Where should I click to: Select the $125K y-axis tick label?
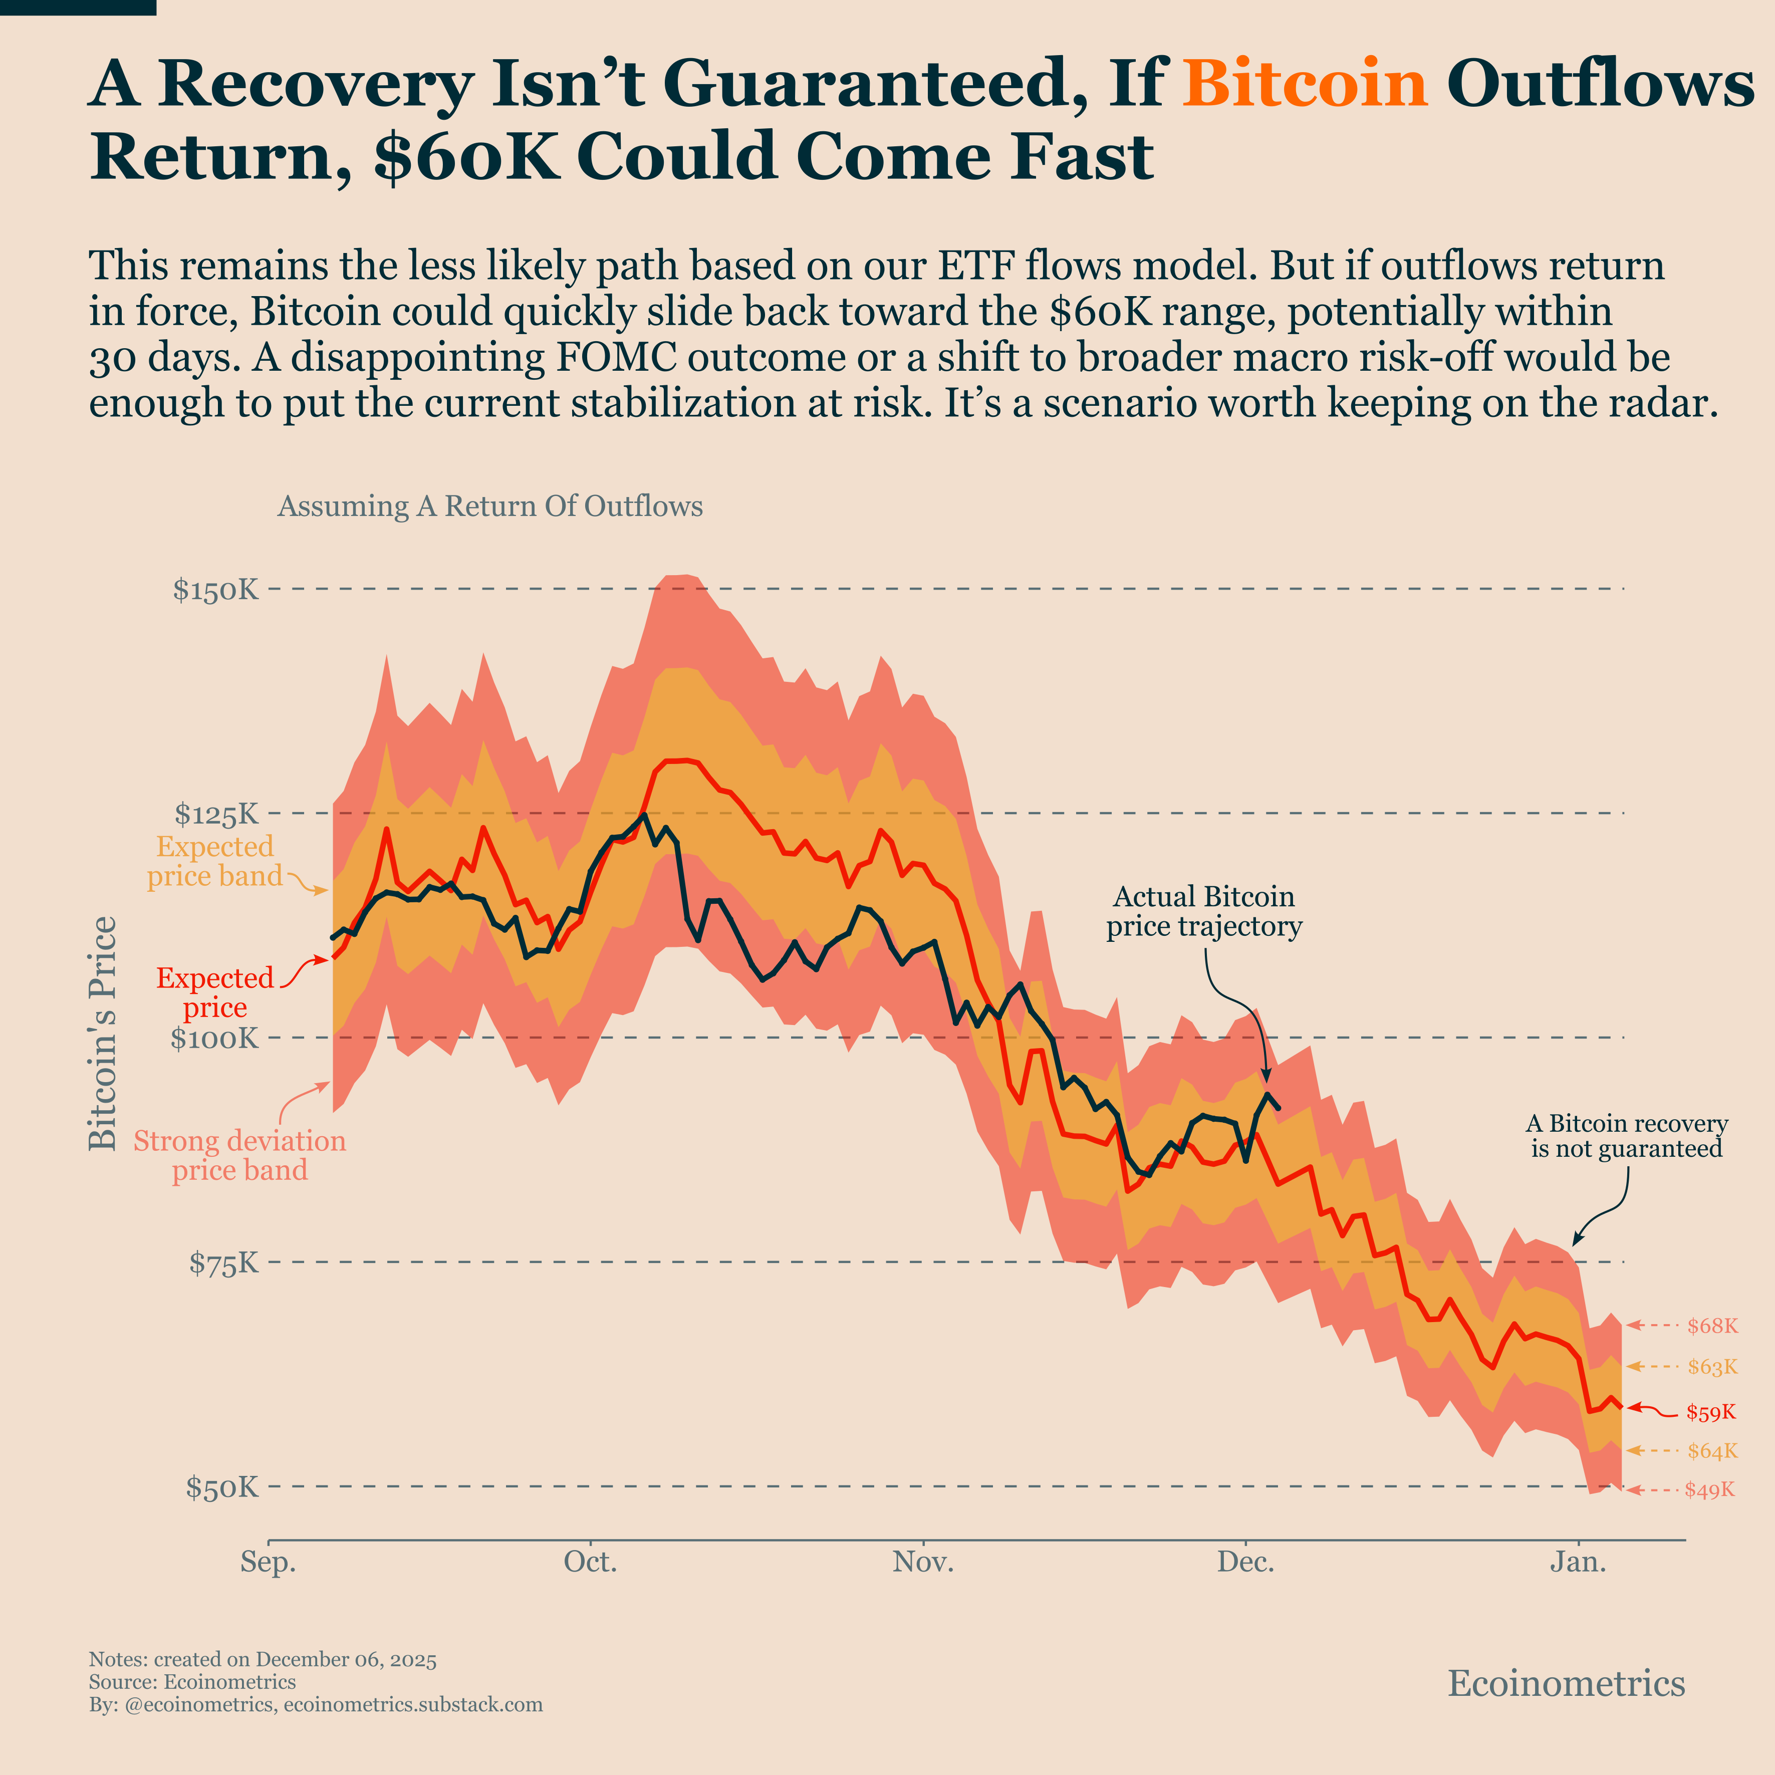click(x=217, y=814)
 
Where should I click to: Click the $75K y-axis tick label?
click(x=224, y=1263)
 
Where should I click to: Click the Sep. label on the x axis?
click(x=268, y=1563)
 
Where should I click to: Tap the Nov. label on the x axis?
click(x=923, y=1563)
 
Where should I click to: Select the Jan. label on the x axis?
click(x=1579, y=1563)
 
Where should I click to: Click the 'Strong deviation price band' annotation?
click(x=240, y=1155)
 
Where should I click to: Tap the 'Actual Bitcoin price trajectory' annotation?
click(x=1203, y=911)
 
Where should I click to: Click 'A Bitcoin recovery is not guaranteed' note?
click(x=1626, y=1136)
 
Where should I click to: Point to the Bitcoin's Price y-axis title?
click(x=103, y=1034)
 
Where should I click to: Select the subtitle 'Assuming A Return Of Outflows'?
click(x=489, y=506)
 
